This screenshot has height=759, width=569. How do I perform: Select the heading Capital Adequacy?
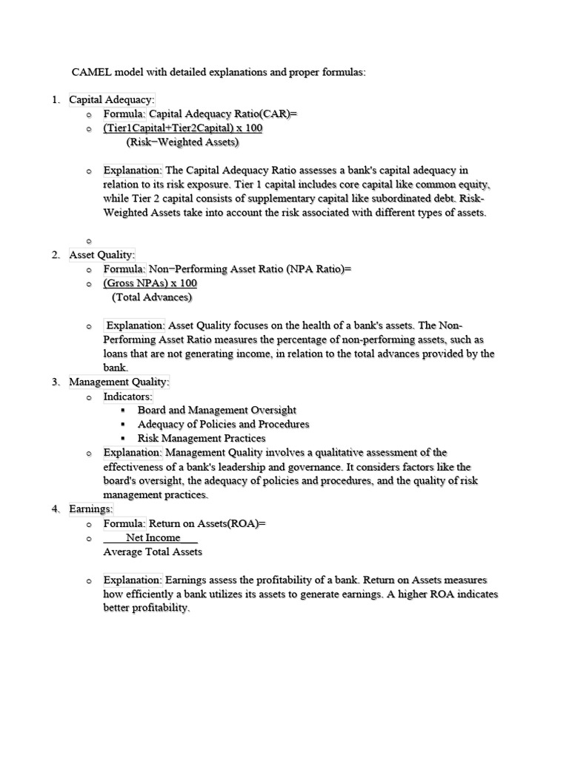click(x=112, y=100)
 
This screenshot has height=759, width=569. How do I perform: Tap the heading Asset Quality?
click(x=102, y=255)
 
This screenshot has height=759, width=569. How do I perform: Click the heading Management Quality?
click(x=119, y=382)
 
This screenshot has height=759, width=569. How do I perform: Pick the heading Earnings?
click(x=91, y=509)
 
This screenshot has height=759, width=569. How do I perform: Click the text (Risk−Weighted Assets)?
click(x=182, y=142)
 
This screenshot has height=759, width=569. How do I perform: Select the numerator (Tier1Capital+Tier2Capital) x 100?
click(x=182, y=128)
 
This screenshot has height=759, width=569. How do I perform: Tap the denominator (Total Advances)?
click(x=152, y=297)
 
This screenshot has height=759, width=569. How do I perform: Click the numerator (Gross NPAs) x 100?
click(x=150, y=283)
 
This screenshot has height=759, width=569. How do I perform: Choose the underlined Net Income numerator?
click(x=153, y=538)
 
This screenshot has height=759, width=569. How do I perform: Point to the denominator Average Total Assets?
click(x=153, y=552)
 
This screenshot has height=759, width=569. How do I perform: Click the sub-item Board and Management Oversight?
click(x=217, y=410)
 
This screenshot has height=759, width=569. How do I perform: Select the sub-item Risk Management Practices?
click(x=202, y=438)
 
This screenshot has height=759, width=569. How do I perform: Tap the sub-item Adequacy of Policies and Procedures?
click(x=223, y=424)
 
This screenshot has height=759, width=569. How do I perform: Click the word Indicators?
click(x=127, y=397)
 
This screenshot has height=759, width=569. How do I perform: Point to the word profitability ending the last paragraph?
click(x=147, y=609)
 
